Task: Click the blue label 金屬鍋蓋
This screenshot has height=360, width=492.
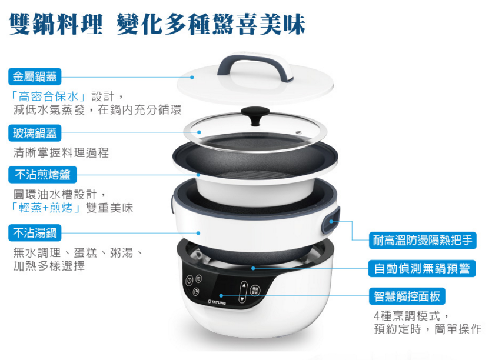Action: click(35, 76)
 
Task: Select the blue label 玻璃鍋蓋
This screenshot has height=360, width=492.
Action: click(35, 133)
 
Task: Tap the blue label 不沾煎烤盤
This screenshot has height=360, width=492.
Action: click(42, 175)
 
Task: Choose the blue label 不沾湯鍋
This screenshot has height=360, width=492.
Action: click(35, 233)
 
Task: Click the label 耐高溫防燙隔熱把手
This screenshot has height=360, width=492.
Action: click(423, 241)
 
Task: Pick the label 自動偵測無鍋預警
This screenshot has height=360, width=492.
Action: click(422, 268)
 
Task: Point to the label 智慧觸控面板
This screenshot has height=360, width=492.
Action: click(407, 296)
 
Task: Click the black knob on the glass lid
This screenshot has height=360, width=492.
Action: click(255, 115)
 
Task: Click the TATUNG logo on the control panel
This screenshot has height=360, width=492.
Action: click(217, 302)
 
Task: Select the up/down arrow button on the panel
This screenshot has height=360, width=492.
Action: click(243, 292)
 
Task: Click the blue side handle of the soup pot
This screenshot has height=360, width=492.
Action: click(331, 221)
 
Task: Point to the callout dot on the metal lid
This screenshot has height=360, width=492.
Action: click(192, 77)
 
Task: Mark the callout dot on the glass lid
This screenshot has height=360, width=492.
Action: click(199, 132)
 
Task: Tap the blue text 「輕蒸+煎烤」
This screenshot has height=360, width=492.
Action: click(46, 208)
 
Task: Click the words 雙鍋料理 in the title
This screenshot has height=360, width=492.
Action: click(56, 24)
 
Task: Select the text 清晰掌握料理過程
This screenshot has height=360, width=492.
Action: click(61, 153)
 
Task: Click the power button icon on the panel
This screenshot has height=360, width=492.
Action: click(189, 280)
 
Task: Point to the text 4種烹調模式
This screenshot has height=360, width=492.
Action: click(407, 316)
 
